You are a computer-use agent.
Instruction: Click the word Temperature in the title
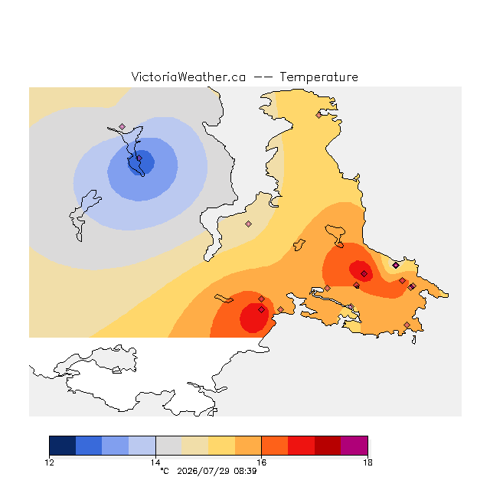[318, 77]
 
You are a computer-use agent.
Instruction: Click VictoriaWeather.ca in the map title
[188, 77]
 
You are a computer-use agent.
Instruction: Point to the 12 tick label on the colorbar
[49, 462]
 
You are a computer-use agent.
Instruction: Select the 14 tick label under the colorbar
[155, 462]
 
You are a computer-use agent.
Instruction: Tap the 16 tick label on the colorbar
[262, 462]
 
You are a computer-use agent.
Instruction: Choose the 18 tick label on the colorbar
[367, 462]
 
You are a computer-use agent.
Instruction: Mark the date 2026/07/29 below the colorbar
[204, 472]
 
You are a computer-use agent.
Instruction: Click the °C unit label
[165, 472]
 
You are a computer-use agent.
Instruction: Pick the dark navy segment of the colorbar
[63, 446]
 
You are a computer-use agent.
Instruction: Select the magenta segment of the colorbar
[354, 446]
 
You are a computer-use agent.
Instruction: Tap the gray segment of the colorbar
[168, 446]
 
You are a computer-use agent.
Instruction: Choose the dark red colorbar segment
[328, 446]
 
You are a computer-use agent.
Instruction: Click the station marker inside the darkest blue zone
[139, 158]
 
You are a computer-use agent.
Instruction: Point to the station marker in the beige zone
[248, 224]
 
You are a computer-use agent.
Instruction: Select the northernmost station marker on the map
[318, 116]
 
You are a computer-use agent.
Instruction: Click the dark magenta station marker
[396, 266]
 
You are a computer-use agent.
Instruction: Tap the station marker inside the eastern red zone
[364, 274]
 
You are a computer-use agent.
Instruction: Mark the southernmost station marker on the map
[407, 325]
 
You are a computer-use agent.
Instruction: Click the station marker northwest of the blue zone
[122, 126]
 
